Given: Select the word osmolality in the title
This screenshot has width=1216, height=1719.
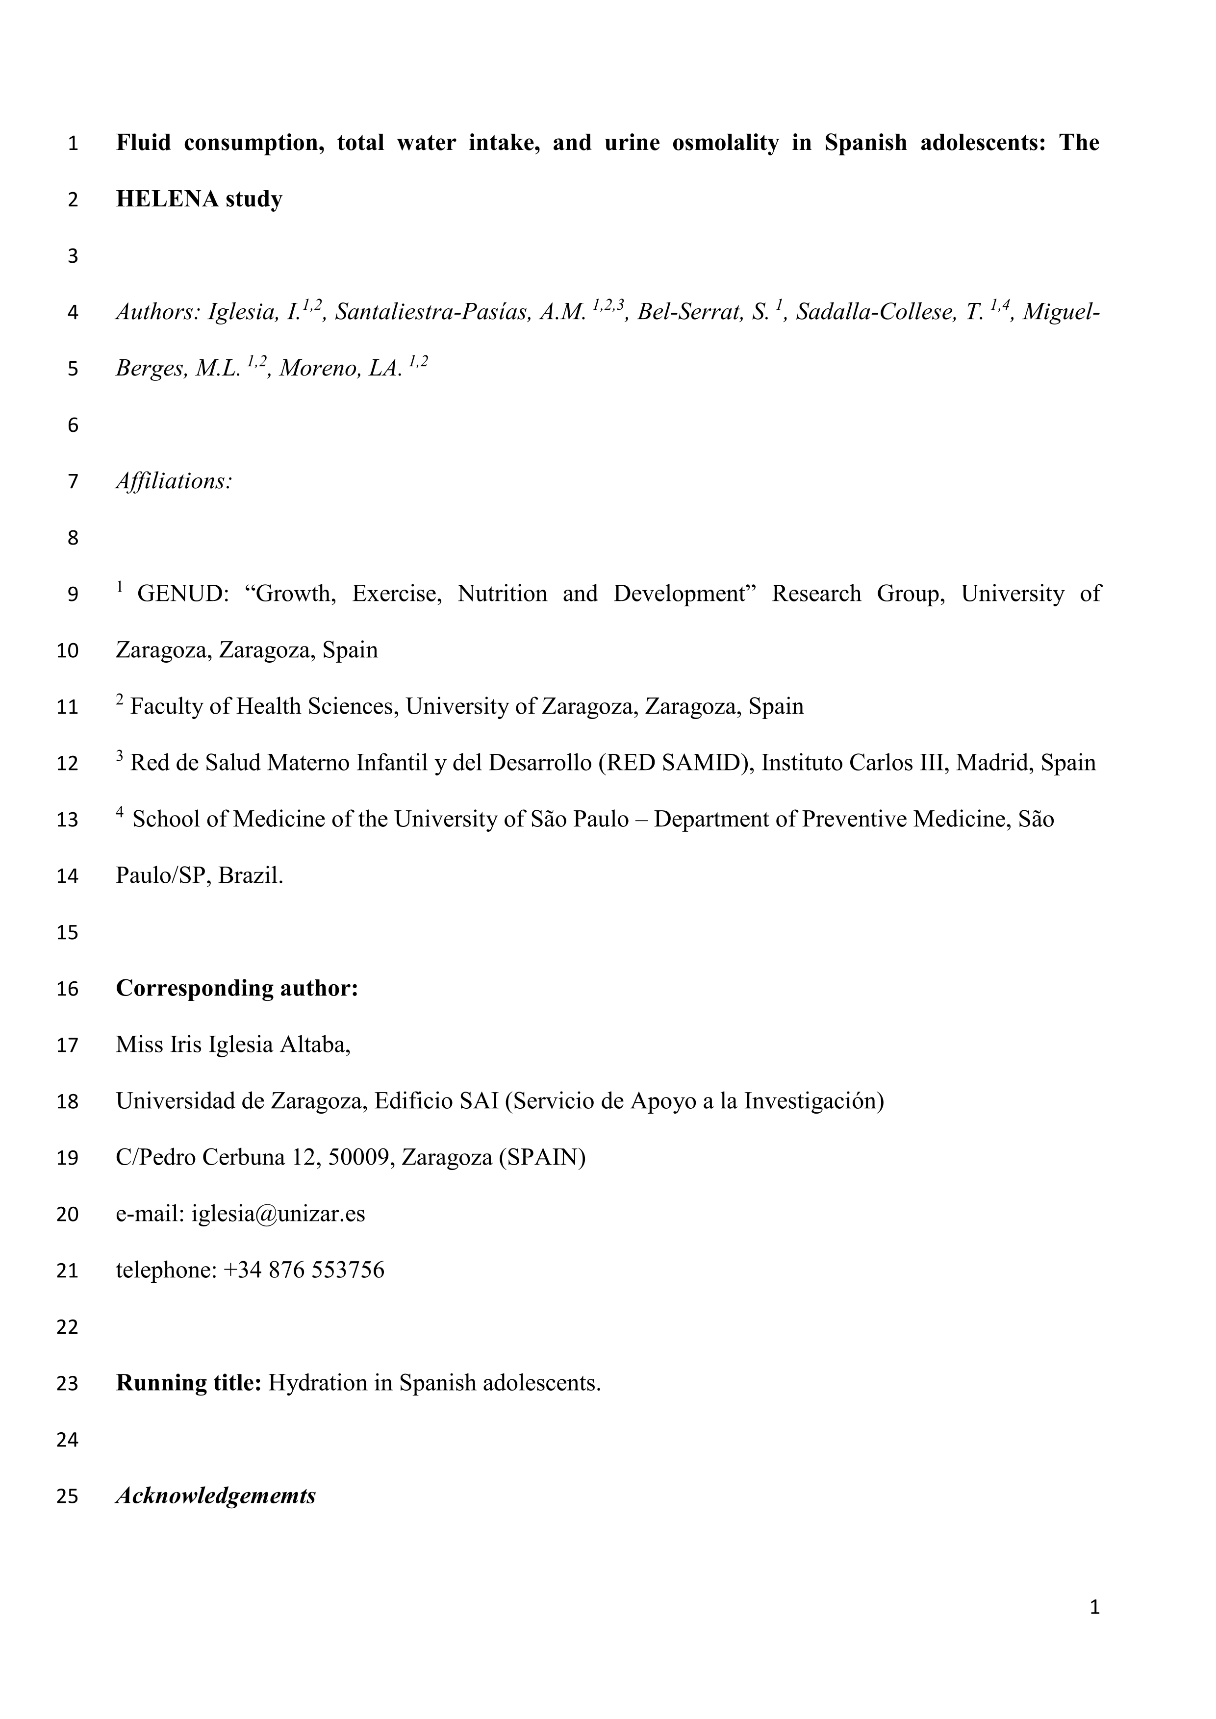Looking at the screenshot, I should pyautogui.click(x=725, y=142).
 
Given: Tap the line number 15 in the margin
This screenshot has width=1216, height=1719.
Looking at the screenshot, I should pyautogui.click(x=67, y=932).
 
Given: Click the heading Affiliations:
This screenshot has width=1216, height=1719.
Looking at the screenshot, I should pyautogui.click(x=174, y=481).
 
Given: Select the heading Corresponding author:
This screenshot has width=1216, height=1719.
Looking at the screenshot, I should pyautogui.click(x=237, y=988).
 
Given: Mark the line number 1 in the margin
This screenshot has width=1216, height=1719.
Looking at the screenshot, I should pyautogui.click(x=73, y=143).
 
